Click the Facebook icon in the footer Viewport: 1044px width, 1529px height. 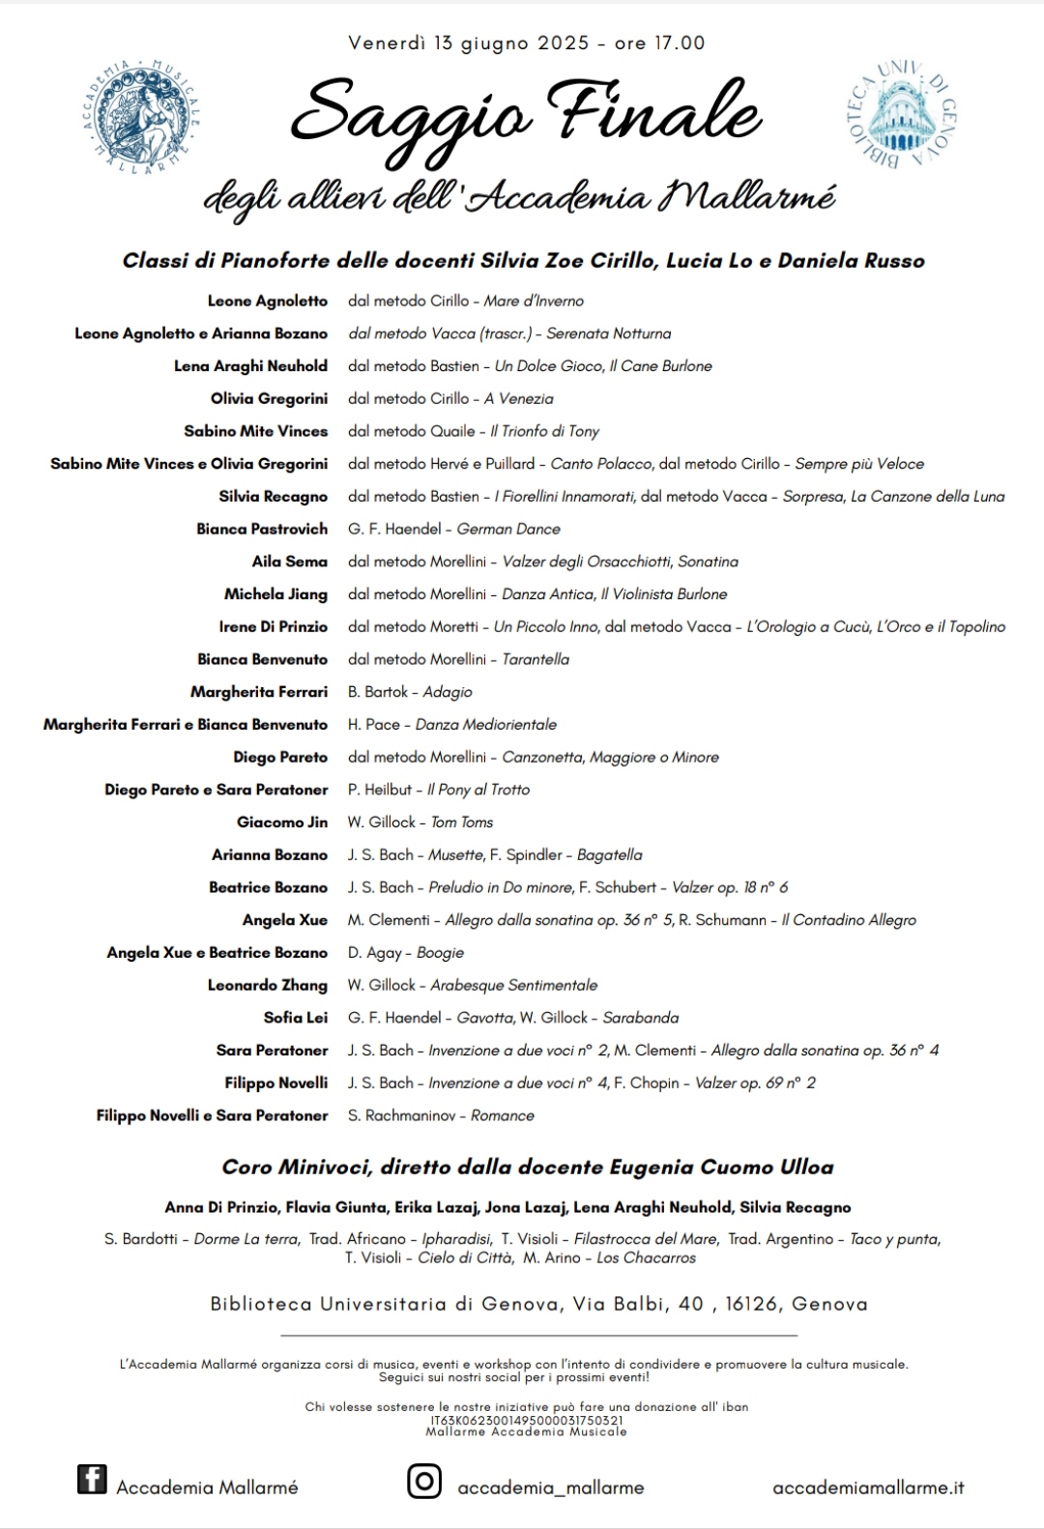tap(92, 1479)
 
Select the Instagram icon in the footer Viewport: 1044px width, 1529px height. tap(423, 1481)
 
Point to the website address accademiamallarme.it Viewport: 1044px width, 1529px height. tap(868, 1488)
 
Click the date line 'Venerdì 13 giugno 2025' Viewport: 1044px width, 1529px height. tap(468, 43)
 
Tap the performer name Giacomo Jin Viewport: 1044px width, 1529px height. tap(282, 822)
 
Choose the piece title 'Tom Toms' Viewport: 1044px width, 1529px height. tap(462, 822)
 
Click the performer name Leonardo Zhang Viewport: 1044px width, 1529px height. tap(268, 985)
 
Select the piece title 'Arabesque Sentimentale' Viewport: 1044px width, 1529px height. tap(514, 985)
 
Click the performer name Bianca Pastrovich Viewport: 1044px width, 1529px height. tap(262, 529)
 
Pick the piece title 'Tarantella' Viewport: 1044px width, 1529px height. tap(536, 659)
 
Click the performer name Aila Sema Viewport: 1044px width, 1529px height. tap(290, 562)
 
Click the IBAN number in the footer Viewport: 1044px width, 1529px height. tap(527, 1421)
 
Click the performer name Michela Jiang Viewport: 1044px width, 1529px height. tap(275, 594)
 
